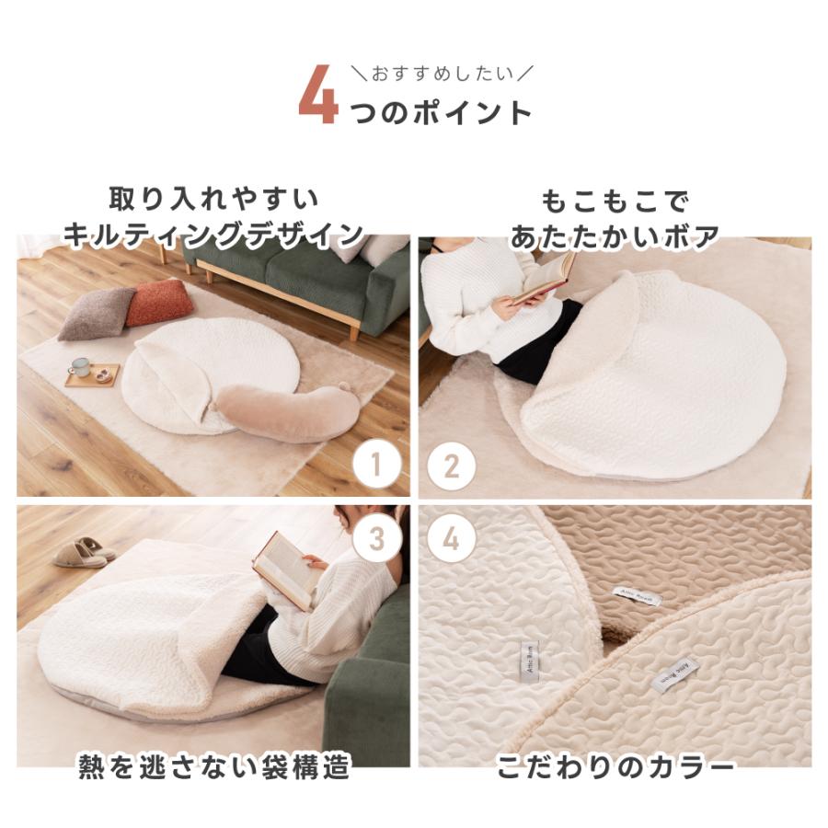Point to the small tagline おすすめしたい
coord(441,71)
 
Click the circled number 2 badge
coord(451,466)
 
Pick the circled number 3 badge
coord(378,539)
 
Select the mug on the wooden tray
coord(81,367)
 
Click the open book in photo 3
coord(284,568)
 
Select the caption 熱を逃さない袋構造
coord(213,767)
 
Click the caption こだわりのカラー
coord(615,767)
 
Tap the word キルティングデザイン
coord(213,235)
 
